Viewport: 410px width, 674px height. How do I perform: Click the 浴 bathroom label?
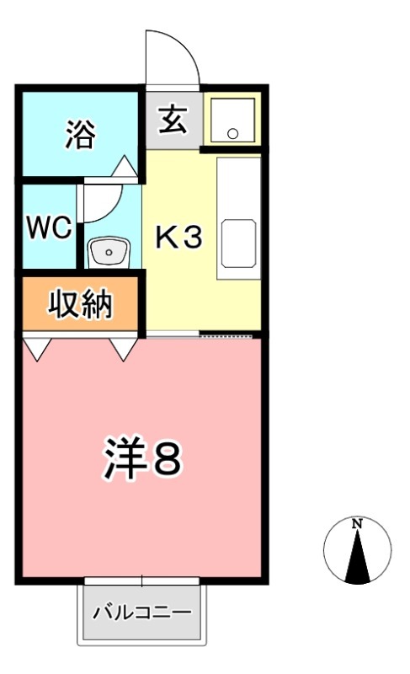[79, 134]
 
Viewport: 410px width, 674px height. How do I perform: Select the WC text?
[47, 228]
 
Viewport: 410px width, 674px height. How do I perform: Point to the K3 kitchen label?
[178, 238]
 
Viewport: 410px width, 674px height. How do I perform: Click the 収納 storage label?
[80, 304]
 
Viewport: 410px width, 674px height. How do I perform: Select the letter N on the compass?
[357, 524]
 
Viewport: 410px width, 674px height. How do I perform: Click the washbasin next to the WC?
[109, 252]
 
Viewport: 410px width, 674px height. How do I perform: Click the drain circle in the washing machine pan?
[233, 132]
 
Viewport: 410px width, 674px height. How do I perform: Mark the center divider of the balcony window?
[142, 580]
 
